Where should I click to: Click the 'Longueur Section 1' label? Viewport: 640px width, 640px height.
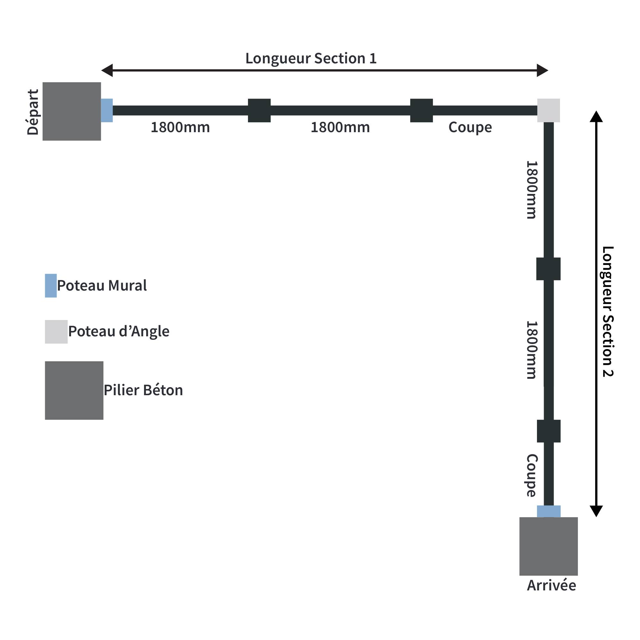tap(311, 58)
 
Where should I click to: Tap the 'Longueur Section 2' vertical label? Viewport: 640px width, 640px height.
tap(608, 311)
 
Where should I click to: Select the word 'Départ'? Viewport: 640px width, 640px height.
tap(33, 112)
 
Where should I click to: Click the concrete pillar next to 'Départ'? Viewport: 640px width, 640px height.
tap(72, 111)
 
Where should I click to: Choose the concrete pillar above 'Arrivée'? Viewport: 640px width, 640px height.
tap(548, 546)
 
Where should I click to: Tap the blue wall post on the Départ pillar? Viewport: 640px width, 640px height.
tap(107, 110)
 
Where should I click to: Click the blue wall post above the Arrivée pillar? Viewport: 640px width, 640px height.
tap(548, 511)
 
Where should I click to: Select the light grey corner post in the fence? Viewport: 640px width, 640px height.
tap(548, 110)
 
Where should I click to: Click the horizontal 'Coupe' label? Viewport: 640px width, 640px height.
tap(470, 128)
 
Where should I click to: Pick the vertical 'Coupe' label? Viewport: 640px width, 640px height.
tap(532, 476)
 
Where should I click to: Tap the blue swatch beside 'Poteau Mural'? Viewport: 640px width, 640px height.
tap(51, 285)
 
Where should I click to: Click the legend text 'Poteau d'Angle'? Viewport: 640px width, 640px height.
tap(119, 331)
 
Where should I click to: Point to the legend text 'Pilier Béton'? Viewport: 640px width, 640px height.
tap(143, 390)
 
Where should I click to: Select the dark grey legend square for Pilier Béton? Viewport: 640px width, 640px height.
tap(74, 390)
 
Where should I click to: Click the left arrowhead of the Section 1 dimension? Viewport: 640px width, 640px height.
tap(107, 70)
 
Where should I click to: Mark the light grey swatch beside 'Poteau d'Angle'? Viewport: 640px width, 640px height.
tap(56, 332)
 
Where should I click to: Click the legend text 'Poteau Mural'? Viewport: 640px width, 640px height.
tap(102, 285)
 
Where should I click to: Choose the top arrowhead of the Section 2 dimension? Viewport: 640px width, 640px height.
tap(596, 116)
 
